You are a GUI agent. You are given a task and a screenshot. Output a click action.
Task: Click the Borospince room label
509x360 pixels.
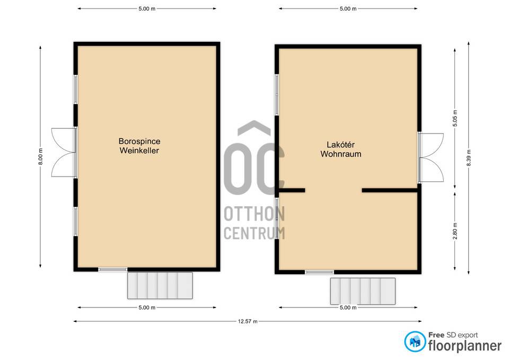(139, 141)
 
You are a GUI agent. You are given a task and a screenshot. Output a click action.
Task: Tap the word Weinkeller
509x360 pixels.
(139, 150)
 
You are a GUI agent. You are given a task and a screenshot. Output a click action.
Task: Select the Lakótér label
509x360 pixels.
(340, 144)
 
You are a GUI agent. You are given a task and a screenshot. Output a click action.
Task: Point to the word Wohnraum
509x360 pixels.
(341, 154)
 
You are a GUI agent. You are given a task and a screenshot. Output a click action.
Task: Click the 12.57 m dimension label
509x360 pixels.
(248, 321)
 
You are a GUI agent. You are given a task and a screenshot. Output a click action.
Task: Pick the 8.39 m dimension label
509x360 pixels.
(468, 158)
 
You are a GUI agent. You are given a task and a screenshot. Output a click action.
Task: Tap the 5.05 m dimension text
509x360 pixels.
(455, 118)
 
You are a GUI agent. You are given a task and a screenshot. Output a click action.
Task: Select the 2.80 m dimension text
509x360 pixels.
(455, 231)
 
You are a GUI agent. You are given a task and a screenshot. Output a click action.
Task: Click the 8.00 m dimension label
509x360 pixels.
(40, 156)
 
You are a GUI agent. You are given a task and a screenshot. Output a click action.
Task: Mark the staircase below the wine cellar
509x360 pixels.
(160, 285)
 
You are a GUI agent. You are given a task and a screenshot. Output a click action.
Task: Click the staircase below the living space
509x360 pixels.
(363, 291)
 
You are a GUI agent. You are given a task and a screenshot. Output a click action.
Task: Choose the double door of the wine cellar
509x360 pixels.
(64, 153)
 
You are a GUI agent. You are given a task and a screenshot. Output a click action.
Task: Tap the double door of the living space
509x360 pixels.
(431, 157)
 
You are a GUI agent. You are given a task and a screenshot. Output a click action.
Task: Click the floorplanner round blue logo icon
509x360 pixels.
(415, 341)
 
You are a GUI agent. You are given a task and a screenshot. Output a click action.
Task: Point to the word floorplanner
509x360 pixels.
(465, 346)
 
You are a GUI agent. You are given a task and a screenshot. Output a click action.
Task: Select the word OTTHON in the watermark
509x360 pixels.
(254, 214)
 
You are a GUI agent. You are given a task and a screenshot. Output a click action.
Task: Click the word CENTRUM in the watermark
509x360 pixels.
(254, 233)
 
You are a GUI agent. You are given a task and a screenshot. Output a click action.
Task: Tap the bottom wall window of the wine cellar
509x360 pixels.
(113, 269)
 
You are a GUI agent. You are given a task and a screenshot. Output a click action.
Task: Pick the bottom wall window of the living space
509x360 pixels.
(319, 272)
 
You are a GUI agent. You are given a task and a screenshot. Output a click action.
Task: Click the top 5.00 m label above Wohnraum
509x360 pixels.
(348, 9)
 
